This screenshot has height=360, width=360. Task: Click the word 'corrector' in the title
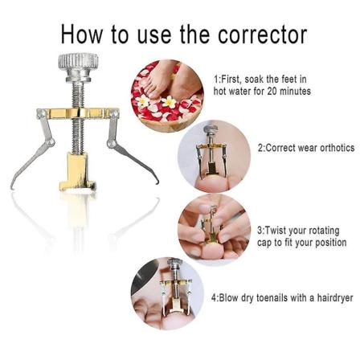(x=263, y=35)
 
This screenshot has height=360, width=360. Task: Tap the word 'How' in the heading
(x=82, y=34)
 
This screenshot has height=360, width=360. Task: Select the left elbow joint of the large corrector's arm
(x=50, y=142)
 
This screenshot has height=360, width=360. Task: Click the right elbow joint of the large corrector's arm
(x=111, y=143)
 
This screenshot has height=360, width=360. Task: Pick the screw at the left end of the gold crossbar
(x=41, y=113)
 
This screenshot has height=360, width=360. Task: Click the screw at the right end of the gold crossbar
(x=115, y=114)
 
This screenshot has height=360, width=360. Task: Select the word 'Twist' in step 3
(x=275, y=231)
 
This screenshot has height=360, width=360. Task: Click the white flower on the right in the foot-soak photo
(x=169, y=102)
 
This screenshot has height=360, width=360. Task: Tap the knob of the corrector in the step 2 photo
(x=211, y=129)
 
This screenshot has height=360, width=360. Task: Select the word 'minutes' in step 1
(x=296, y=92)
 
